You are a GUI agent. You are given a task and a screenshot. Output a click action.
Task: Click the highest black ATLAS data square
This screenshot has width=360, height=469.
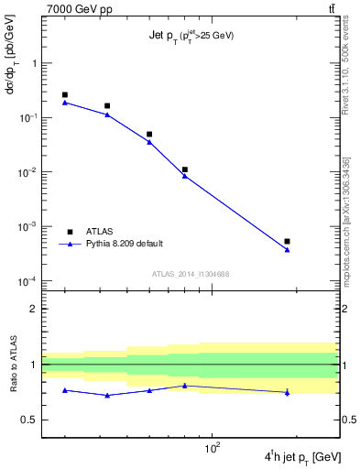pos(65,94)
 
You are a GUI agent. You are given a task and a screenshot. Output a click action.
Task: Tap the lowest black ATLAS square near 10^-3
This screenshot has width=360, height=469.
pos(287,241)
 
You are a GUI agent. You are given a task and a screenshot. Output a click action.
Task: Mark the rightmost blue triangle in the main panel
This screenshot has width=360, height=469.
pos(287,250)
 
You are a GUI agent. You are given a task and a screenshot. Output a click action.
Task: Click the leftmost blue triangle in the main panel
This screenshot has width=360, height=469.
pos(65,103)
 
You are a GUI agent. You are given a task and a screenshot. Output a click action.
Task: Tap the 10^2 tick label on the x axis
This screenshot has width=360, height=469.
pos(213,448)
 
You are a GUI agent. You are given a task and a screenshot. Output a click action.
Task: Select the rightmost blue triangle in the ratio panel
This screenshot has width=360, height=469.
pos(287,392)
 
